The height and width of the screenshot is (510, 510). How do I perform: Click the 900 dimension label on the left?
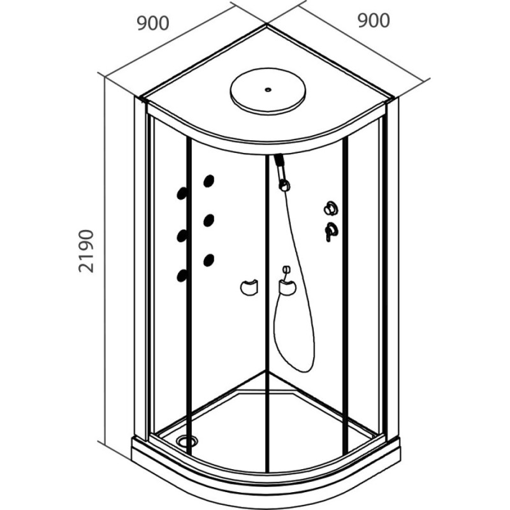[x=153, y=24]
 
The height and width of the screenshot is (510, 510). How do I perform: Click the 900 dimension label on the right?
[x=374, y=20]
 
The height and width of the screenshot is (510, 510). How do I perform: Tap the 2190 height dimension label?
[x=87, y=251]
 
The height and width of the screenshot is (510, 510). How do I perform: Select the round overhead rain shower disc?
[x=268, y=91]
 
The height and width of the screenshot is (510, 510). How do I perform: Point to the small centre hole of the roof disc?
[x=268, y=89]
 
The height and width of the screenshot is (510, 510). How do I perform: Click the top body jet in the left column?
[x=182, y=193]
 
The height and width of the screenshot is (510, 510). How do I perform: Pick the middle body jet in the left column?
[x=182, y=236]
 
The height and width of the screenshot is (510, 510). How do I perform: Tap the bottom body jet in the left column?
[x=182, y=275]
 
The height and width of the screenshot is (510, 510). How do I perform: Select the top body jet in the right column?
[x=209, y=181]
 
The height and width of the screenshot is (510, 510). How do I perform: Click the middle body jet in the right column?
[x=209, y=220]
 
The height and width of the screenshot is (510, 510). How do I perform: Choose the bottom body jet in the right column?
[x=209, y=260]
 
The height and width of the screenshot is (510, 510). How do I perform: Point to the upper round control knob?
[x=330, y=208]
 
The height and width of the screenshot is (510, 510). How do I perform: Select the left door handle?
[x=249, y=288]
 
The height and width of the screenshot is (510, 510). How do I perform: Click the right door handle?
[x=288, y=288]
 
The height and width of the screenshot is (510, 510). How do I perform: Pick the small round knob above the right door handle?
[x=286, y=269]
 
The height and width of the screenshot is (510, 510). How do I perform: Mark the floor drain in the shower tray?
[x=187, y=441]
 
